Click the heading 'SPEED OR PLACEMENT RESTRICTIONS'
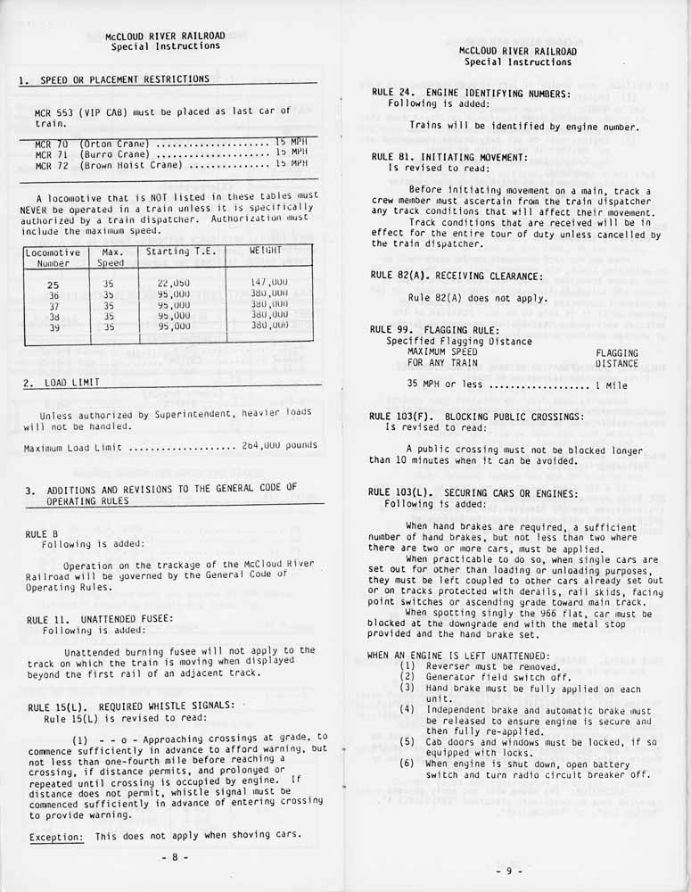tap(125, 79)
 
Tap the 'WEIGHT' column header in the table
tap(266, 251)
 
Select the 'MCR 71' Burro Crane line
tap(169, 153)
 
